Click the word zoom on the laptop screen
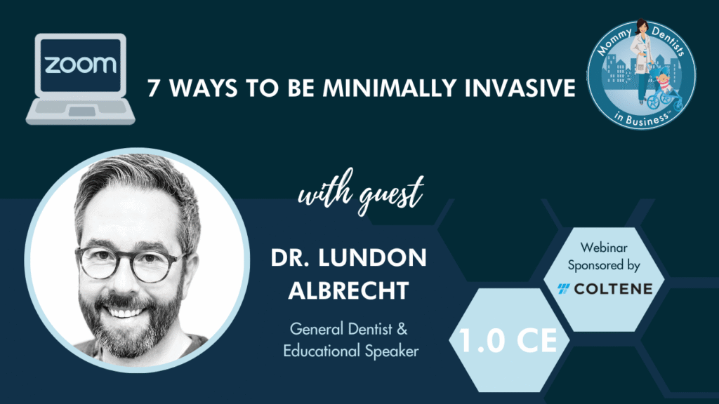click(x=81, y=65)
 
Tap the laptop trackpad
click(x=82, y=112)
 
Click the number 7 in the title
click(x=154, y=88)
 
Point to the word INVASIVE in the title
click(x=520, y=88)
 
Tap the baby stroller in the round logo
click(x=666, y=91)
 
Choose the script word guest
click(x=391, y=194)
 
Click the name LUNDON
click(x=372, y=258)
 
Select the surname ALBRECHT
click(x=348, y=290)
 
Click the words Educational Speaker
click(x=351, y=351)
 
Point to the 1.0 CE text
click(x=508, y=340)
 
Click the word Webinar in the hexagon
click(x=604, y=248)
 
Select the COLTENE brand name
click(x=613, y=289)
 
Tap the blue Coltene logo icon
click(x=564, y=288)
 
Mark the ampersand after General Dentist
click(x=402, y=329)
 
